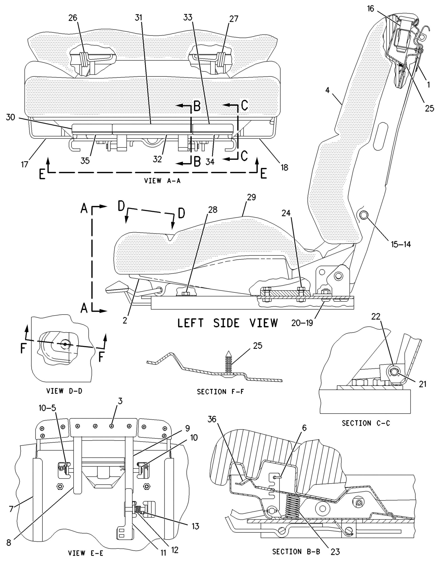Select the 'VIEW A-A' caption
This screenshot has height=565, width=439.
pos(162,181)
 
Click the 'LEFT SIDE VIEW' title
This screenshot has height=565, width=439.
pos(228,323)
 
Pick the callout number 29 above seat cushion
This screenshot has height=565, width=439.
pos(251,197)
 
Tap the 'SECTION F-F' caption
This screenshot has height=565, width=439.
pos(220,392)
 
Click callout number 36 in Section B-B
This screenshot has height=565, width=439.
pos(212,419)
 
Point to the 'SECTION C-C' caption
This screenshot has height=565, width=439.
pos(366,423)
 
